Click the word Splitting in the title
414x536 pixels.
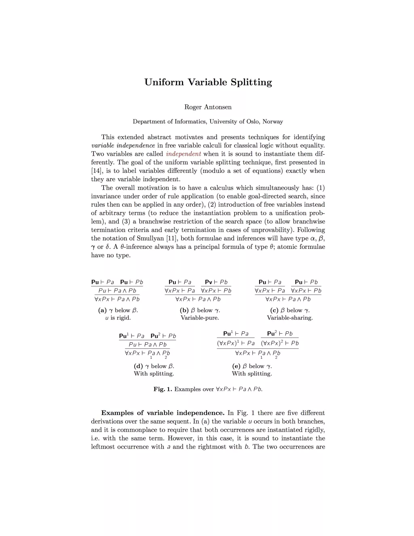[251, 83]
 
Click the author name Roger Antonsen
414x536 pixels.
[208, 107]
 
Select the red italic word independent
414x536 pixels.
[183, 154]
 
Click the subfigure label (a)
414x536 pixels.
[102, 310]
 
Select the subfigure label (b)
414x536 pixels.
[184, 310]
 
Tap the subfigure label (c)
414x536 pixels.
[274, 310]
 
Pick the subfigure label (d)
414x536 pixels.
[138, 366]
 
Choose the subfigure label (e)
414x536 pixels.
[236, 366]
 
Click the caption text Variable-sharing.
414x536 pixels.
[289, 318]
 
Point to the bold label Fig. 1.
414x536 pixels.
[163, 389]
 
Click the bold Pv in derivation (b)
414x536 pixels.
[209, 282]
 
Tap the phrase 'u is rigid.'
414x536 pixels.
[118, 318]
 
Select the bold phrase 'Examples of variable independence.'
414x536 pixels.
[163, 413]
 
